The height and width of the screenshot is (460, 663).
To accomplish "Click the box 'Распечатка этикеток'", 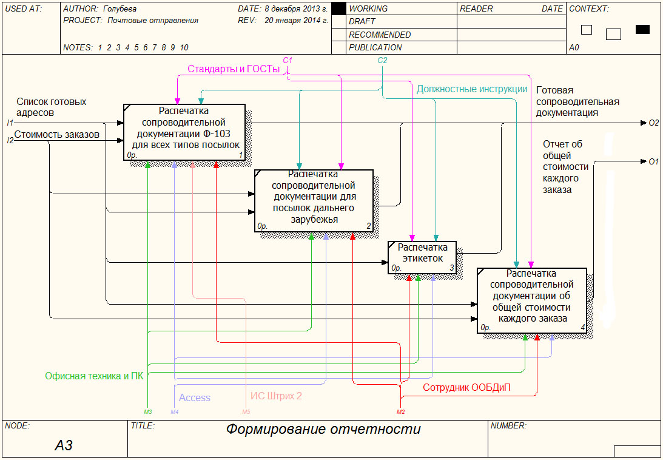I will (x=422, y=257).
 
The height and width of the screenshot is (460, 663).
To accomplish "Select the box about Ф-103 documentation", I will (x=184, y=132).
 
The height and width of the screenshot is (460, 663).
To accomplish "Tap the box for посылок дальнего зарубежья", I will (x=313, y=200).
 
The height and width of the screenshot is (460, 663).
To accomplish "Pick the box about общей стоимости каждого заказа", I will (x=531, y=300).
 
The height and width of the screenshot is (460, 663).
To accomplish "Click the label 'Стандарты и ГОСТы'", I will (x=234, y=69).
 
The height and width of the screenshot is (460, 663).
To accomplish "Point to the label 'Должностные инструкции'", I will (x=472, y=89).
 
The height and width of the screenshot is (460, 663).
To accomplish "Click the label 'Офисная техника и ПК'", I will (x=94, y=376).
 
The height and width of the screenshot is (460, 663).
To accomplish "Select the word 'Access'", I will (x=195, y=397).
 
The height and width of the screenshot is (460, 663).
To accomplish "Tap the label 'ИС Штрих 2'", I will (x=276, y=396).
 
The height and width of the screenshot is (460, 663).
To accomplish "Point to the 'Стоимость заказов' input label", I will (x=56, y=134).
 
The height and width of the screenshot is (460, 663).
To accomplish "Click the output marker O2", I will (x=653, y=123).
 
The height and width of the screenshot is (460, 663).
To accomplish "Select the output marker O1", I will (x=653, y=161).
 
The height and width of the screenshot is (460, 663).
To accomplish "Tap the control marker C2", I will (x=382, y=60).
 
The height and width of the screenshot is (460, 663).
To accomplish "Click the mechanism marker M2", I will (x=400, y=412).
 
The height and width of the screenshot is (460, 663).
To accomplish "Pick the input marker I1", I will (x=10, y=123).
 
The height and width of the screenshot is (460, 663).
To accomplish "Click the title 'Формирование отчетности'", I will (x=323, y=430).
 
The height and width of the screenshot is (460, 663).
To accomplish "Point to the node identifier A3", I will (x=64, y=445).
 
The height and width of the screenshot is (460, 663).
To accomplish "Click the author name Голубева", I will (x=120, y=9).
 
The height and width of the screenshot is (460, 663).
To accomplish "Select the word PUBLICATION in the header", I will (x=375, y=47).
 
